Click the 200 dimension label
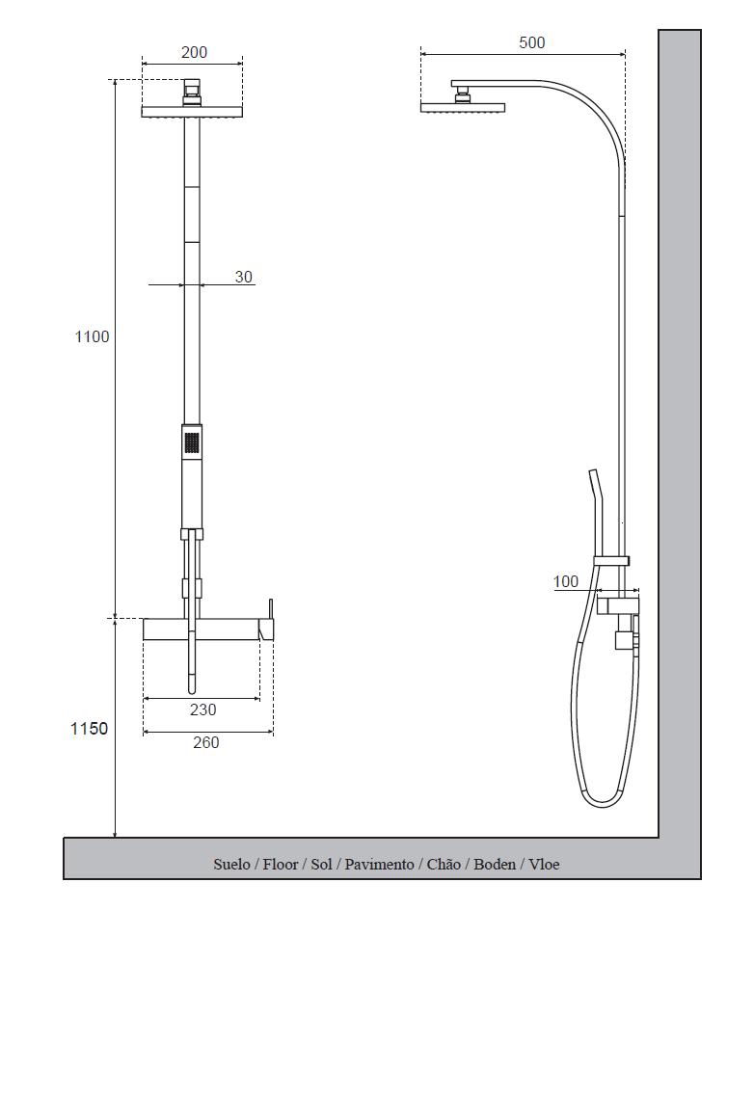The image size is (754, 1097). point(194,52)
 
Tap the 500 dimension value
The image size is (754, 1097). point(532,42)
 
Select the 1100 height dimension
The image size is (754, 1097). point(92,337)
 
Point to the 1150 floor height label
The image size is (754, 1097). point(89,729)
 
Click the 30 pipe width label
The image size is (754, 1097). point(244,277)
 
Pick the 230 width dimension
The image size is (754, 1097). point(203,710)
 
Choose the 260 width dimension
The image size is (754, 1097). point(205,743)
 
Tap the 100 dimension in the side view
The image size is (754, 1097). point(566,582)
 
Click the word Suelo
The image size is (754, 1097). point(231,865)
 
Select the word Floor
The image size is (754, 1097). point(281,865)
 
